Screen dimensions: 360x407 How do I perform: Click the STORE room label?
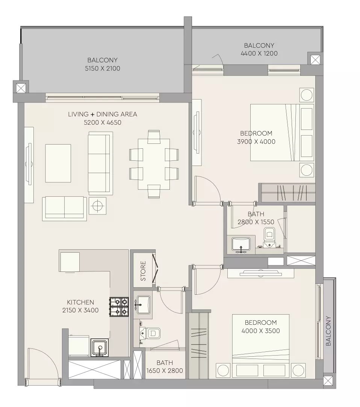[143, 271]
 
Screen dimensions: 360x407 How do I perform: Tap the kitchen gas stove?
[119, 307]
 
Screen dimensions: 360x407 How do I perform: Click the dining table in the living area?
[154, 164]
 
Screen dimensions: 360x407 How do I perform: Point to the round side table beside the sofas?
[97, 206]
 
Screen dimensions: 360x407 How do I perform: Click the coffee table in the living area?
[58, 163]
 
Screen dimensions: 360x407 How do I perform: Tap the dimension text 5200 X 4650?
[103, 122]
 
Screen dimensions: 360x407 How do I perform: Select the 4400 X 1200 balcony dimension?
[259, 53]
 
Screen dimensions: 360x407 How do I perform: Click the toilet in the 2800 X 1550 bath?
[269, 237]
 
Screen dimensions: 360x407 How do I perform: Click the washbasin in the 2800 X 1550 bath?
[241, 245]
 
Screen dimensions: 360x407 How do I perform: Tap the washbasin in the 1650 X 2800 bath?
[143, 305]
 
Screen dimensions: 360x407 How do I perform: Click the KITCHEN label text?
[80, 302]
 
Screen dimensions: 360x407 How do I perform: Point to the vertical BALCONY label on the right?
[328, 331]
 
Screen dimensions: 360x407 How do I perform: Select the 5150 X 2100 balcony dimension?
[103, 69]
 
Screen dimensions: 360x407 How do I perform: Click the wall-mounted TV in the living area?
[29, 164]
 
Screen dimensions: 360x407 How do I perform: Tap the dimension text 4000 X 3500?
[260, 331]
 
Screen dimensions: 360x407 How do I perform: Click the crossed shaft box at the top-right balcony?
[315, 60]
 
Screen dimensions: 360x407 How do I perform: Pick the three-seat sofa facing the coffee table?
[100, 163]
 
